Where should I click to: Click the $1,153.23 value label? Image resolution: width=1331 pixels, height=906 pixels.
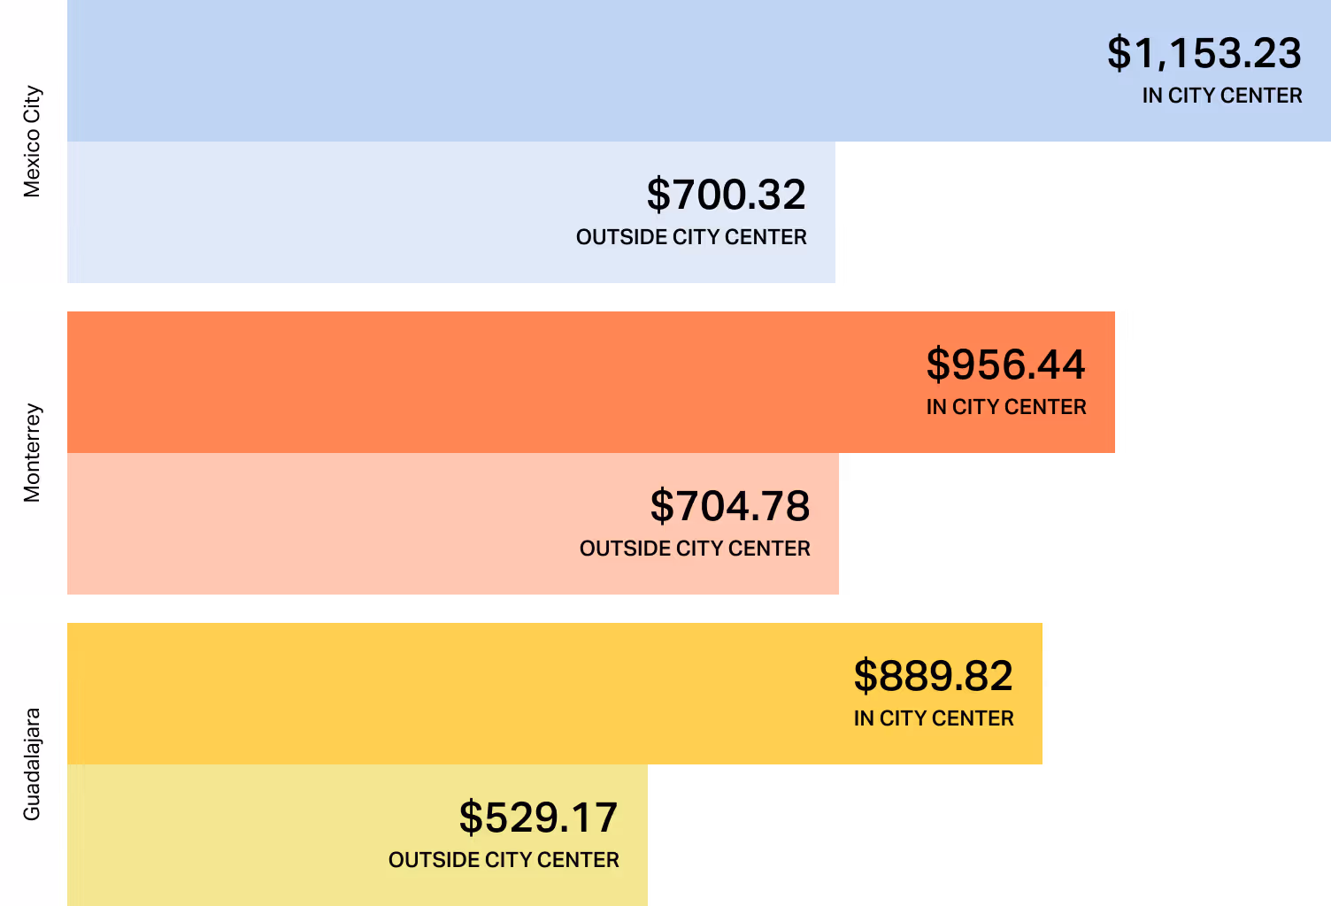[x=1204, y=53]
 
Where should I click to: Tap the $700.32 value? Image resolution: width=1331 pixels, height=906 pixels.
[x=726, y=195]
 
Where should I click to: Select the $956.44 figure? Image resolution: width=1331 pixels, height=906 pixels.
[x=1005, y=365]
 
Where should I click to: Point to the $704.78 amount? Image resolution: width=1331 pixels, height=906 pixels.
[x=729, y=506]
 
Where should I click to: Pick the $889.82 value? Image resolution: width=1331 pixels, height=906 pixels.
[x=933, y=676]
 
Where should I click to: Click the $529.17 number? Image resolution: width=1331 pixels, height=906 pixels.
[x=538, y=818]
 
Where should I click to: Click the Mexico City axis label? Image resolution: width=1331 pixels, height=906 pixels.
[x=32, y=142]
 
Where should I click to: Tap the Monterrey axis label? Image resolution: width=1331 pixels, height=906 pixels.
[x=32, y=453]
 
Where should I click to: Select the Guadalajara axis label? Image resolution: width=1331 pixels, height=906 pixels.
[x=32, y=764]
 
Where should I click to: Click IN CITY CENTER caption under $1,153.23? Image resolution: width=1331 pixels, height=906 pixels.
[x=1221, y=96]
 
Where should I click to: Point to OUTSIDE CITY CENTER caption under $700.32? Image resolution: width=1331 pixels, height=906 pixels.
[x=691, y=237]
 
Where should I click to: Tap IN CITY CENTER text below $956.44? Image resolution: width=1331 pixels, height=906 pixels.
[x=1005, y=407]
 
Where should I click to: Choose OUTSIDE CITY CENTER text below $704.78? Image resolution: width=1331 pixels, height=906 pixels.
[x=695, y=549]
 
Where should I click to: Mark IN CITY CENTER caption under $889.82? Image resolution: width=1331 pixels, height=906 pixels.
[x=933, y=718]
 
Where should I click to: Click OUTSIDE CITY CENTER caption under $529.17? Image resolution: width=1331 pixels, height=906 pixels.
[x=504, y=860]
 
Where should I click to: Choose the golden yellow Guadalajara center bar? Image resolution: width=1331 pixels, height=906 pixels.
[x=442, y=694]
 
